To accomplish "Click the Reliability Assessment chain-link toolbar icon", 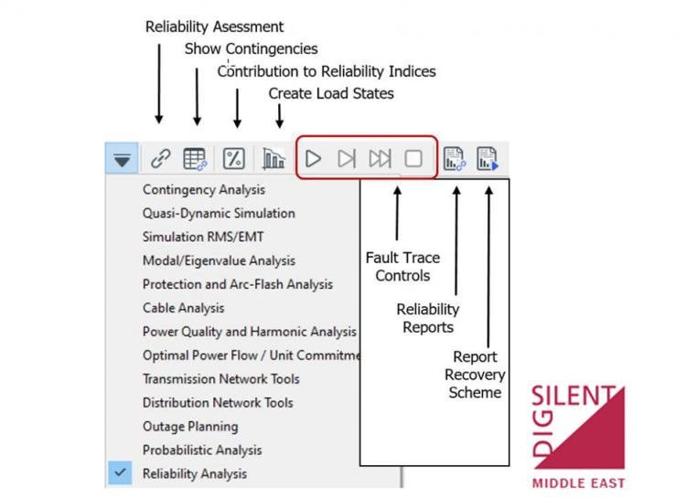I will point(161,159).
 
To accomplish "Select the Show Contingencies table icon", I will point(195,159).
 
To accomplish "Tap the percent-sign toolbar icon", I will point(234,159).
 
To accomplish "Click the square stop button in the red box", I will point(413,159).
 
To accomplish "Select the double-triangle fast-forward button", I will point(380,159).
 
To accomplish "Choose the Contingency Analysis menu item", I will point(203,190).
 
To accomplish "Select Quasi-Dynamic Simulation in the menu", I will point(219,214).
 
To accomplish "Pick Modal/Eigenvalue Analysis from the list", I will point(219,260).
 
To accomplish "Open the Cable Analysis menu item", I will point(183,308).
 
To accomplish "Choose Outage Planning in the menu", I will point(190,427).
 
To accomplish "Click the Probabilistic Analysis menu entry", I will point(202,450).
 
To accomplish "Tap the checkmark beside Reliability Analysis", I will point(120,473).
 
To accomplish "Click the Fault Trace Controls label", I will point(402,267).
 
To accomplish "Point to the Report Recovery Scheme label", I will point(474,374).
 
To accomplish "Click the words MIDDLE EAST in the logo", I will point(578,482).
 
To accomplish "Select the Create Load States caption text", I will point(330,93).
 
